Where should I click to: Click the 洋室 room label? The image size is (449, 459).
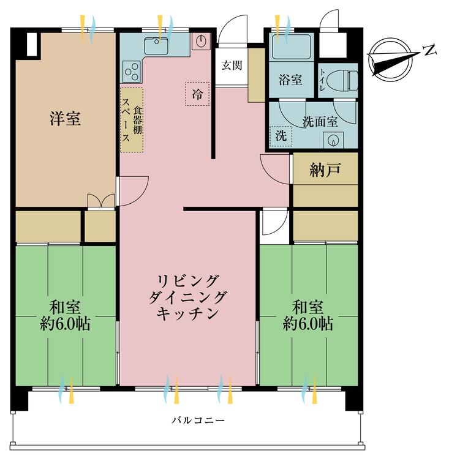click(x=65, y=119)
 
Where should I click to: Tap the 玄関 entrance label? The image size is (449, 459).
click(x=232, y=65)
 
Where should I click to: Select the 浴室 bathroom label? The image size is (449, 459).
click(x=290, y=80)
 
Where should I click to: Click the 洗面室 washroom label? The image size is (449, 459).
click(x=320, y=122)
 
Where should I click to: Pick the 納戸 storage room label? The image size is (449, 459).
click(x=325, y=170)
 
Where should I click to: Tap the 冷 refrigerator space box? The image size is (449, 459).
click(x=197, y=94)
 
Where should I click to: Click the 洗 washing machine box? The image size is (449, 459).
click(x=281, y=136)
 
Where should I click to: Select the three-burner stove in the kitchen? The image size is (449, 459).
click(x=131, y=71)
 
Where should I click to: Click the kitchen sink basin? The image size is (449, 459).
click(x=156, y=46)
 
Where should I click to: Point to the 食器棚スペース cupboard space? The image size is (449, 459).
click(x=132, y=120)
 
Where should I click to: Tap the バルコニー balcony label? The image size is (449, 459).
click(x=198, y=420)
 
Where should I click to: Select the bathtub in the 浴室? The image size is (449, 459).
click(x=292, y=47)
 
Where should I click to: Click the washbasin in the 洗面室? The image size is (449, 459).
click(x=333, y=140)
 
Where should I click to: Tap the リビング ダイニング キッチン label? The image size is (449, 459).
click(x=187, y=297)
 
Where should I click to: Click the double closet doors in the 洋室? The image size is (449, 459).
click(x=101, y=201)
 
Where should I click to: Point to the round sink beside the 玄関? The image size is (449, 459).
click(x=202, y=41)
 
